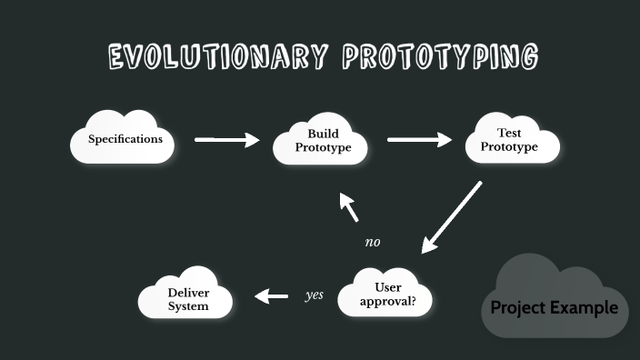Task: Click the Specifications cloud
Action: (125, 139)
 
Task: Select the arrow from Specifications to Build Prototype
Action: (226, 140)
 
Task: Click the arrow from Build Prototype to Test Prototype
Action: (419, 140)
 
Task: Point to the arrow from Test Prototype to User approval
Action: (451, 216)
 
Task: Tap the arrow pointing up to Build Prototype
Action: (350, 208)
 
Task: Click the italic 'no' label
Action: (372, 243)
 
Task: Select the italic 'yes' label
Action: (314, 295)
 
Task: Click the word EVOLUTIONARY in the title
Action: (216, 57)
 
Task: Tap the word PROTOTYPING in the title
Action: (439, 57)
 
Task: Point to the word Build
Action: (323, 134)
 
